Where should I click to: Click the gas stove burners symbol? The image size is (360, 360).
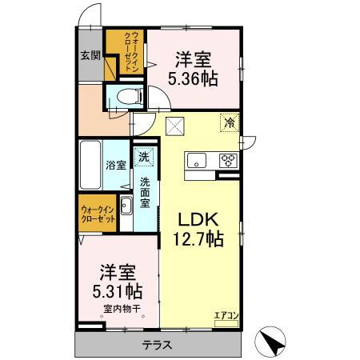[228, 158]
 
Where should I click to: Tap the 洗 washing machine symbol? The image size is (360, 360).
[145, 157]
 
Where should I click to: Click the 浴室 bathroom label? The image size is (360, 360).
[116, 166]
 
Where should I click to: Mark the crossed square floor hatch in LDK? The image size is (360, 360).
[175, 126]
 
